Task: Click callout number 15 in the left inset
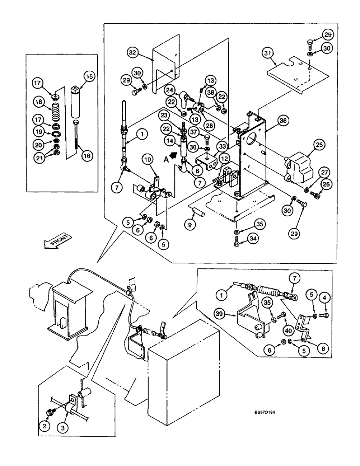tap(89, 75)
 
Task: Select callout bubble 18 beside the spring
tap(38, 102)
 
